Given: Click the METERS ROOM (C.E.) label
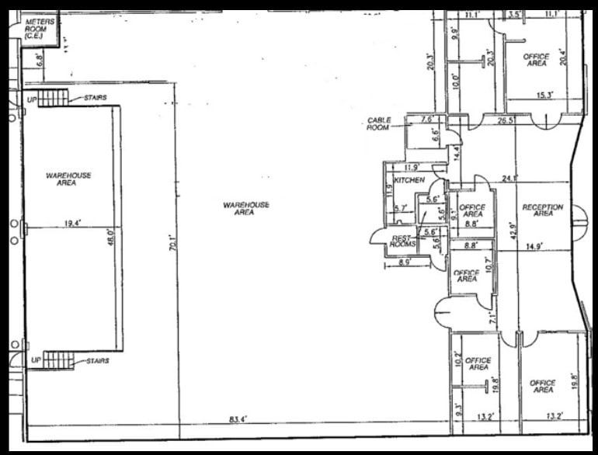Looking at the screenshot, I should [x=40, y=29].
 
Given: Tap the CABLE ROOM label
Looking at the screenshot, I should [x=379, y=123].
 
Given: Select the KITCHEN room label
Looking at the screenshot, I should [x=409, y=180].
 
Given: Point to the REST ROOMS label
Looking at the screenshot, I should [x=403, y=241].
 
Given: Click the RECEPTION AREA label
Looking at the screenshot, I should [x=543, y=210].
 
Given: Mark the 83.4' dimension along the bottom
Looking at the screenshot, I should [x=234, y=419].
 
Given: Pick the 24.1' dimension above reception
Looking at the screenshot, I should [x=509, y=178].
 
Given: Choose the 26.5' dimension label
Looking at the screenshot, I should [x=506, y=120].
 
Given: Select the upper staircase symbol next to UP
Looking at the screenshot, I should [x=54, y=99].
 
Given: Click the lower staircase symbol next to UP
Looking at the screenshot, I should [x=58, y=360].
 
